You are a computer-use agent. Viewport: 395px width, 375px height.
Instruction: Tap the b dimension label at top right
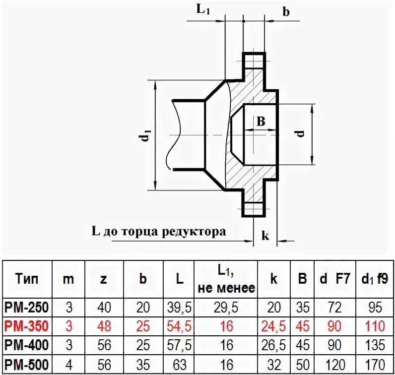click(x=286, y=11)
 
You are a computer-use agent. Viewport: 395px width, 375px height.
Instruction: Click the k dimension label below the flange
click(x=265, y=236)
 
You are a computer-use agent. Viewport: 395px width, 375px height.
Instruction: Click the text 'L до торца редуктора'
click(x=158, y=231)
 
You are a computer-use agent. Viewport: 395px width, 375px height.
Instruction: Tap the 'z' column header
click(x=103, y=279)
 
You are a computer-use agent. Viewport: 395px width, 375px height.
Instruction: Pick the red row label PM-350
click(x=27, y=326)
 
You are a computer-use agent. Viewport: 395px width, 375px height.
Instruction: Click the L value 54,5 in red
click(x=180, y=326)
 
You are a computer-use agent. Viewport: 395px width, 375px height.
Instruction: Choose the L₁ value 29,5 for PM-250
click(x=226, y=308)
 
